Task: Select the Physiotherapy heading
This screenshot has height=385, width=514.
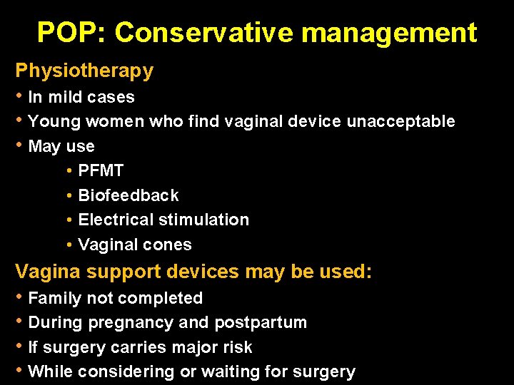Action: [x=84, y=71]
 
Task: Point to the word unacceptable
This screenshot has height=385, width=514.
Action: [x=400, y=121]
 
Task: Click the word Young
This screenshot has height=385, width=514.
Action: [x=54, y=121]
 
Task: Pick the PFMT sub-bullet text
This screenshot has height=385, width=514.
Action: [x=101, y=170]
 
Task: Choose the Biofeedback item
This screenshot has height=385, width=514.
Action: [x=128, y=195]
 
